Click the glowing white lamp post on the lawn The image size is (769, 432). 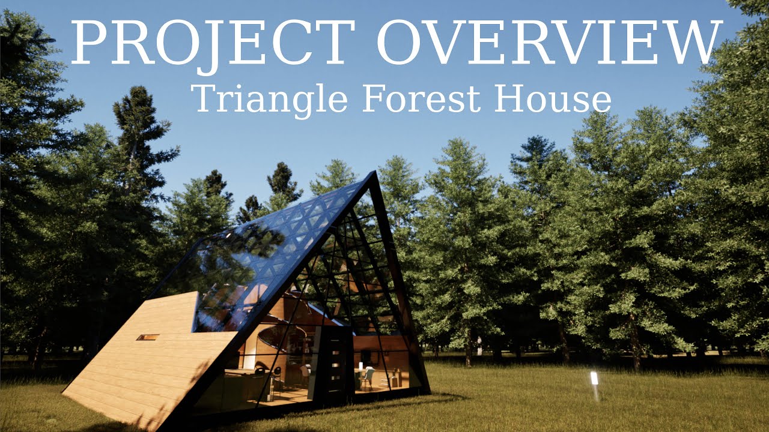coord(594,379)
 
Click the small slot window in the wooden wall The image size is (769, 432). coord(147,337)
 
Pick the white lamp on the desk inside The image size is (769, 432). coord(360,366)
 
